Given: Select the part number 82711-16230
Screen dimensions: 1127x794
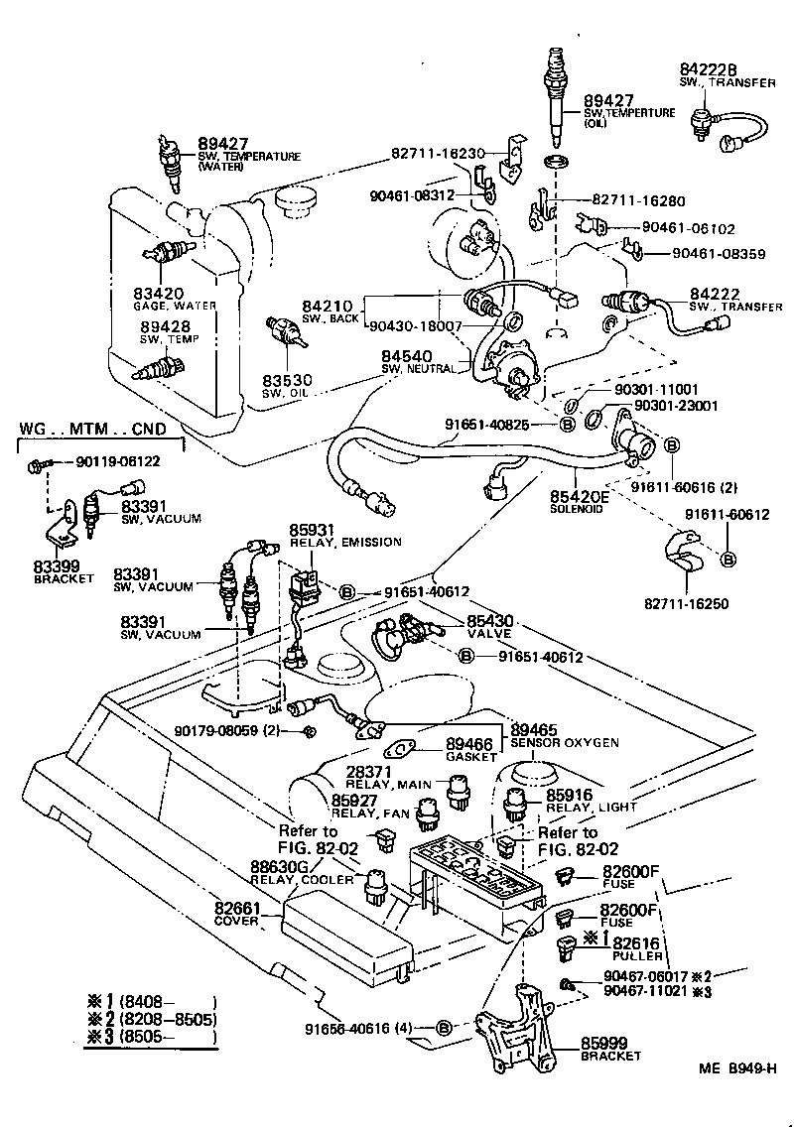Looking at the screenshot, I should pyautogui.click(x=437, y=154).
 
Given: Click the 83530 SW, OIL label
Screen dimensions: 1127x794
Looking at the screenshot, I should pyautogui.click(x=288, y=385).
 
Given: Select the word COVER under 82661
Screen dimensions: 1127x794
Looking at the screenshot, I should pyautogui.click(x=236, y=921).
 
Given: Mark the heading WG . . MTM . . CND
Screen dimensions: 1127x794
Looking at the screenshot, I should pyautogui.click(x=92, y=429).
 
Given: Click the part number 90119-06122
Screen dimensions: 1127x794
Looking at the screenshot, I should pyautogui.click(x=118, y=462).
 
